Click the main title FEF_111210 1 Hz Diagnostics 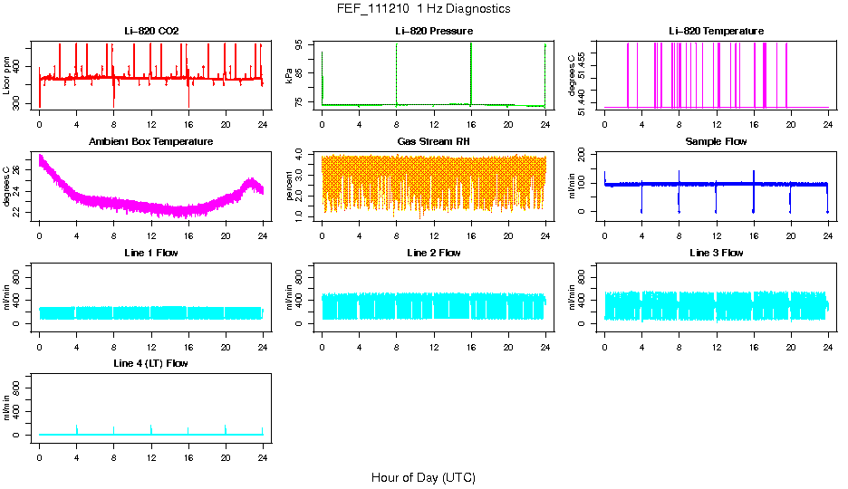tap(423, 8)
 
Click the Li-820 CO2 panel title tap(151, 31)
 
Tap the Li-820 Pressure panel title tap(434, 31)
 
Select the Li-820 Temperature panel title tap(716, 31)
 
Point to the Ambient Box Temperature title tap(151, 141)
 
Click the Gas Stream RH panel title tap(434, 141)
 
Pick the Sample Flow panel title tap(716, 141)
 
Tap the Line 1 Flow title tap(151, 252)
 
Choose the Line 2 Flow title tap(434, 252)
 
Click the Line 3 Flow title tap(716, 252)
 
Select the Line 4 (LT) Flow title tap(151, 362)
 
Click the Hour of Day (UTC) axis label tap(423, 477)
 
